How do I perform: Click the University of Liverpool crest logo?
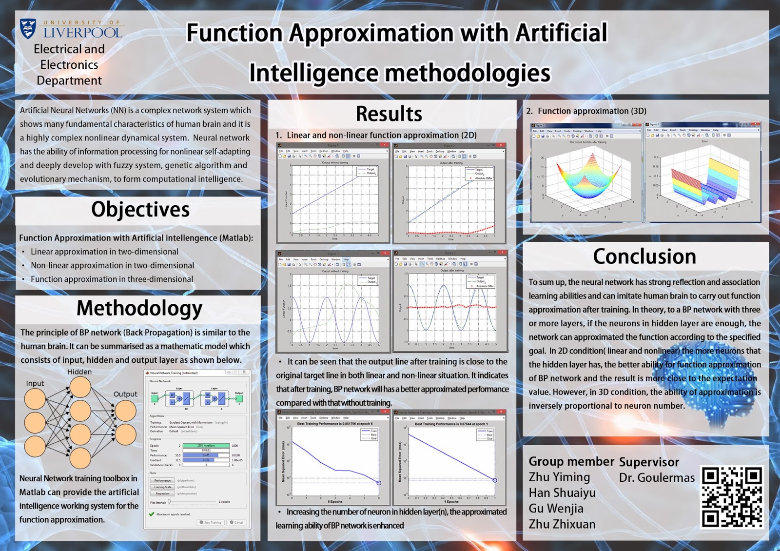28,29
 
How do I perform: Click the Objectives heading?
140,210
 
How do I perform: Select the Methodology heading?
139,309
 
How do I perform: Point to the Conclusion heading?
644,256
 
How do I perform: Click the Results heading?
389,114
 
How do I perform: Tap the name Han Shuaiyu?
562,493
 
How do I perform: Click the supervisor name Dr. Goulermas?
657,478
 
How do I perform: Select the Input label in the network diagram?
35,383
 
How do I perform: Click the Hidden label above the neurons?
79,372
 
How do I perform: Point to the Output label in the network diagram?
125,394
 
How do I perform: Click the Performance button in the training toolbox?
162,480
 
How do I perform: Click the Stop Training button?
211,522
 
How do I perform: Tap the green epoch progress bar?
206,446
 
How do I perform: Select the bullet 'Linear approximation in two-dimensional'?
104,252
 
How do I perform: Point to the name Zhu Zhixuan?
562,524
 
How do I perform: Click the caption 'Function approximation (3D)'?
592,111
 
